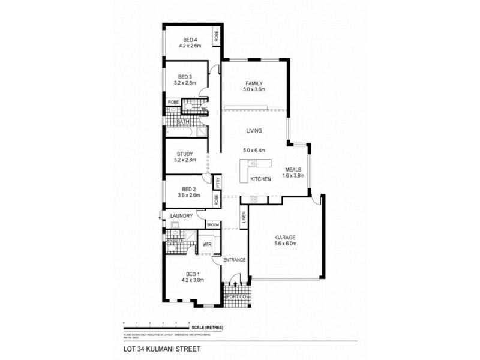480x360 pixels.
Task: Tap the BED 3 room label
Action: pyautogui.click(x=185, y=77)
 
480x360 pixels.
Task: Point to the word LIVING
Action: pyautogui.click(x=255, y=130)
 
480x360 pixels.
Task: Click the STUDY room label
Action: pyautogui.click(x=185, y=154)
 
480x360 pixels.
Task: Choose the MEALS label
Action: pyautogui.click(x=294, y=169)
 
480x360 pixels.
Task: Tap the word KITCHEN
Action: pyautogui.click(x=261, y=179)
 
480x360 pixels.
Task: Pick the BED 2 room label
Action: pyautogui.click(x=185, y=188)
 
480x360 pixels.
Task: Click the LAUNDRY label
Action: pyautogui.click(x=181, y=216)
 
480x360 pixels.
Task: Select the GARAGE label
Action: pyautogui.click(x=286, y=237)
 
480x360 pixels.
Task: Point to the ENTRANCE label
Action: pyautogui.click(x=234, y=260)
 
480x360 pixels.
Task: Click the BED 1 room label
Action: pyautogui.click(x=193, y=274)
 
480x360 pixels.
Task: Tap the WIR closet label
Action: pyautogui.click(x=206, y=245)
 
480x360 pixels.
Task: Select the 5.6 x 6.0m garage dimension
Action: pyautogui.click(x=286, y=244)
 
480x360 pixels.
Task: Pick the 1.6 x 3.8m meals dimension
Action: pyautogui.click(x=294, y=176)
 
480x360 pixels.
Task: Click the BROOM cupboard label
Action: pyautogui.click(x=213, y=224)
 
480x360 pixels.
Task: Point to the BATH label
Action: pyautogui.click(x=182, y=122)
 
